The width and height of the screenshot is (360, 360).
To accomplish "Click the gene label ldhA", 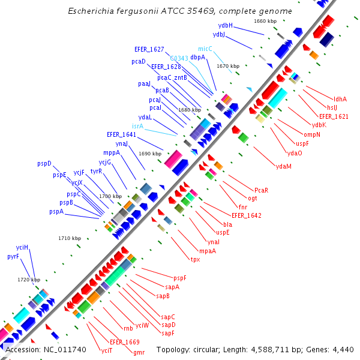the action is click(x=340, y=99).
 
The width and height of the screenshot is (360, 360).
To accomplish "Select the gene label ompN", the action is click(x=312, y=134).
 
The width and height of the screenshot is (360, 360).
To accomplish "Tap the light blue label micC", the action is click(x=205, y=49).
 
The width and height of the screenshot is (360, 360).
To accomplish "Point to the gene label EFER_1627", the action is click(x=149, y=49).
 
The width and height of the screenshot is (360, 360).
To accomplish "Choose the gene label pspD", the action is click(x=44, y=163).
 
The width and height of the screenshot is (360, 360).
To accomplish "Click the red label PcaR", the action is click(x=262, y=190).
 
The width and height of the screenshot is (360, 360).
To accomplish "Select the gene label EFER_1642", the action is click(x=246, y=215).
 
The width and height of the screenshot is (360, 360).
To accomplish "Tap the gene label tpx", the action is click(x=195, y=259).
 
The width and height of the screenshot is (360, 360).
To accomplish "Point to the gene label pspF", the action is click(x=180, y=278).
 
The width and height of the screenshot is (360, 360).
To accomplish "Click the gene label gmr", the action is click(x=139, y=352).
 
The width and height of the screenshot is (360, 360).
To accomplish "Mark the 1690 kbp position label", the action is click(x=151, y=154).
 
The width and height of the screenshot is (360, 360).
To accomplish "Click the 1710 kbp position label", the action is click(x=70, y=238).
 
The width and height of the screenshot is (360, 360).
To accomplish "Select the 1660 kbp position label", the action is click(x=265, y=21).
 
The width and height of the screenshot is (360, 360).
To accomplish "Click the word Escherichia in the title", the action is click(x=91, y=11).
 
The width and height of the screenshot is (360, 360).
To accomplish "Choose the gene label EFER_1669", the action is click(x=125, y=341).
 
